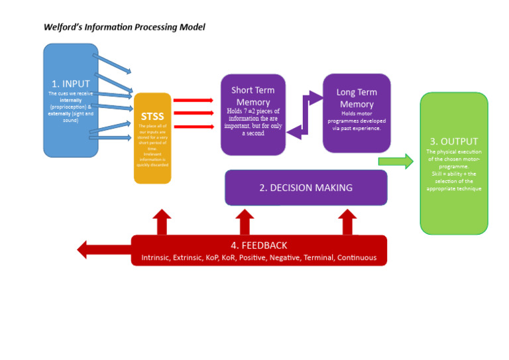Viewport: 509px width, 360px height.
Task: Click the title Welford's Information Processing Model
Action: (x=124, y=27)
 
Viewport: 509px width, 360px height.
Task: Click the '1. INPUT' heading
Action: (x=71, y=84)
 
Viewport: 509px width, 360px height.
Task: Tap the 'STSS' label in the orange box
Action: (x=152, y=117)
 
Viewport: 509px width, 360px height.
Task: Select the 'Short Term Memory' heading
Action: (x=253, y=96)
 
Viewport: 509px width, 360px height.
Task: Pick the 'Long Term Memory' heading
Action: (x=357, y=98)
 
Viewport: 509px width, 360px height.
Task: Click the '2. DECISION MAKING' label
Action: (x=306, y=188)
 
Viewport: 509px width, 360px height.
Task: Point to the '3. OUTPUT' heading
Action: (x=454, y=141)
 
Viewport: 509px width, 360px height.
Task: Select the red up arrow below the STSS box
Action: (x=162, y=221)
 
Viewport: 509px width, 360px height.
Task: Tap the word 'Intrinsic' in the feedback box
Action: (x=156, y=257)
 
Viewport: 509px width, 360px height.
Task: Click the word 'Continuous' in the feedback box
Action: (x=354, y=257)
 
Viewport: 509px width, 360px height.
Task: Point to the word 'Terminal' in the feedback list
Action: (x=317, y=257)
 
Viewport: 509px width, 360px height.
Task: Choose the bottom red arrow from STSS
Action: (x=193, y=126)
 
